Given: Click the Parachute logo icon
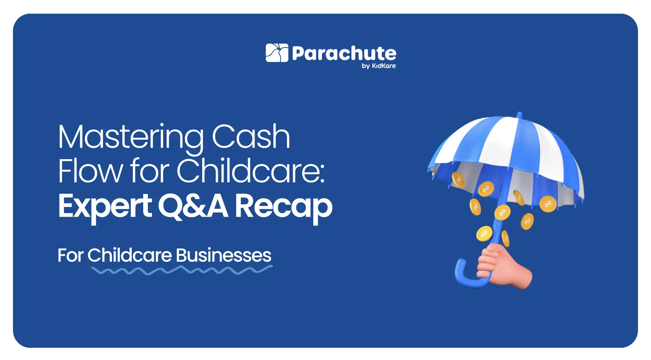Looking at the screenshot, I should point(277,53).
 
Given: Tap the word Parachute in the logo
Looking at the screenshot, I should point(344,54).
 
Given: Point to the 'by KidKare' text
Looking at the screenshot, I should point(379,66).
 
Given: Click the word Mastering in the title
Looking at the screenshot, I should point(131,137).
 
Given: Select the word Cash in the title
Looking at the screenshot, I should point(251,137).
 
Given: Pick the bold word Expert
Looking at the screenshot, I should point(105,206).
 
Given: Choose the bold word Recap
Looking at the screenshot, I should point(283,206).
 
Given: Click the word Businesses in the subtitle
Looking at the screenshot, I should point(224,255).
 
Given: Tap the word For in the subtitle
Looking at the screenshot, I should point(70,256).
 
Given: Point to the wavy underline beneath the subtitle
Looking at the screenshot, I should point(182,270).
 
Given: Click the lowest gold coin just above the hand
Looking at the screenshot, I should point(484,234).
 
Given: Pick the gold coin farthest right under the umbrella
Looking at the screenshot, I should point(548,204).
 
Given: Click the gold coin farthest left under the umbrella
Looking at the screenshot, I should point(458,179).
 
